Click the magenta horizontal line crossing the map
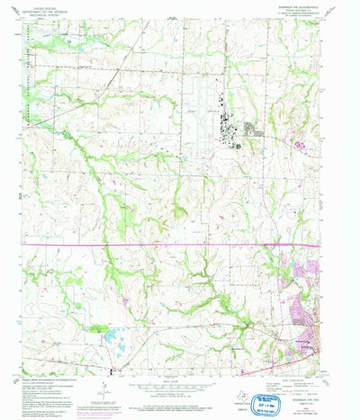(x=180, y=244)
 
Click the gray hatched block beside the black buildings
(x=256, y=133)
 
